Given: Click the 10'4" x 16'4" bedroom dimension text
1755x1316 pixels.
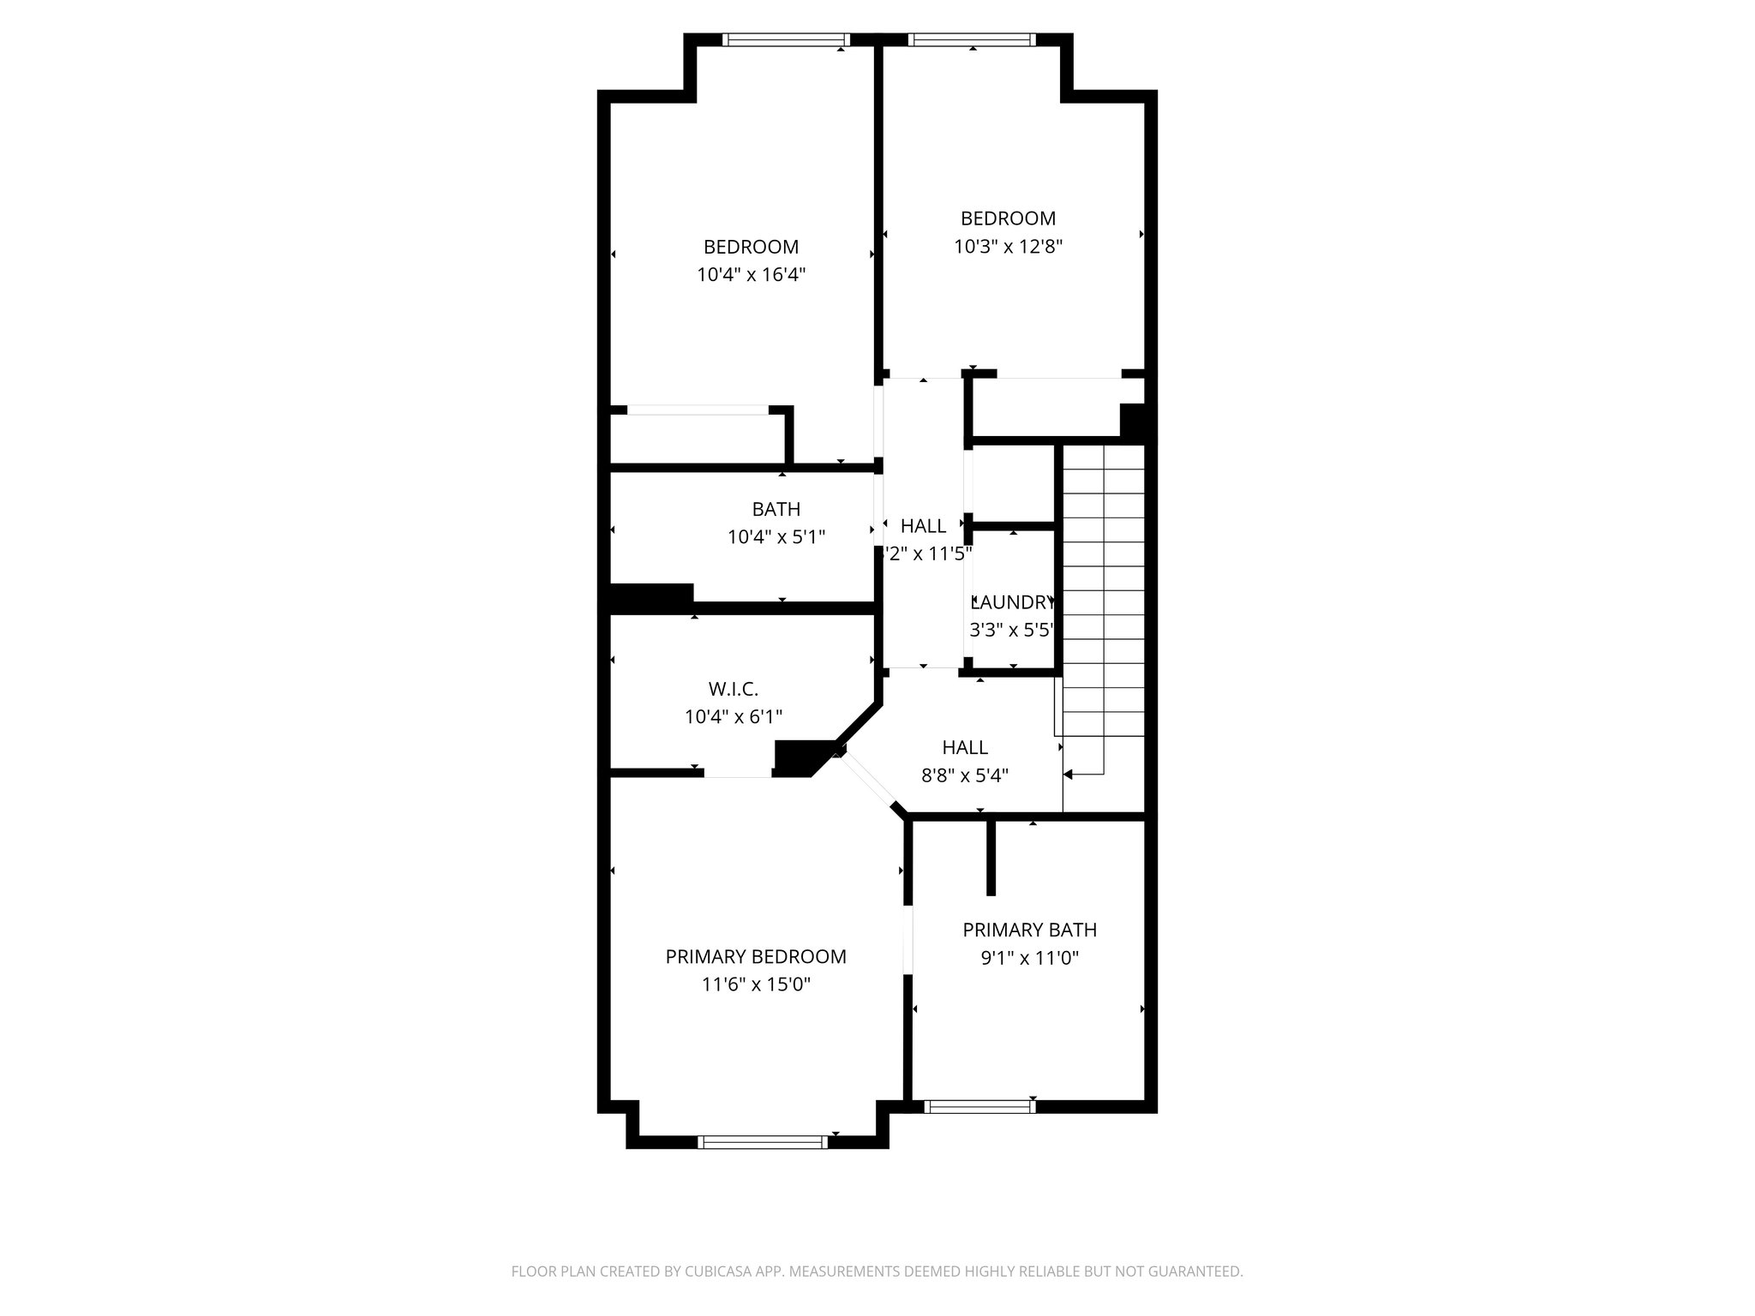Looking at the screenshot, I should [752, 275].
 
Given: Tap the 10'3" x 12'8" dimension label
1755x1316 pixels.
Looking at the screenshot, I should [1008, 247].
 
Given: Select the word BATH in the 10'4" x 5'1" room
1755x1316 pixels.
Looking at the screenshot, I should [776, 509].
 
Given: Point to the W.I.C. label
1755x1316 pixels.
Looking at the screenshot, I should [734, 689].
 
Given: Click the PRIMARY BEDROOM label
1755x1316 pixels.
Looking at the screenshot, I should [756, 956].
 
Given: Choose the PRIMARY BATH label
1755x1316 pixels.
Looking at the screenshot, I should [1029, 930].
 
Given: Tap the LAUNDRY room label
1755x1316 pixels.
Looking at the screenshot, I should [1013, 601].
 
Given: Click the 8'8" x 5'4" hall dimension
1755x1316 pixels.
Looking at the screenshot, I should [965, 776].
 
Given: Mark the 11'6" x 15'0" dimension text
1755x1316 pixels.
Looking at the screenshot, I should [756, 985].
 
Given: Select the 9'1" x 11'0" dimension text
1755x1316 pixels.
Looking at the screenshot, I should [1029, 958].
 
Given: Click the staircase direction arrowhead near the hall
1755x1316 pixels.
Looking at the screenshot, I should [1069, 775].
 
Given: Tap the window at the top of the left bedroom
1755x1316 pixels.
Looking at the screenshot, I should [785, 39].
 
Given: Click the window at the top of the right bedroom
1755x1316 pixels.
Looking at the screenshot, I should [972, 39].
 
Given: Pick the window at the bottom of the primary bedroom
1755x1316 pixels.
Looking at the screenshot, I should [763, 1141].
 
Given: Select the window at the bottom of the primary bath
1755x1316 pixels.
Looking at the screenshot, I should [980, 1106].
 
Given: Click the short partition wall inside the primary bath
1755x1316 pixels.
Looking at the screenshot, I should [991, 857].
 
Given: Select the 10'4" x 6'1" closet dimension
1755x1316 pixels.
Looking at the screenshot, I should [734, 717].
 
